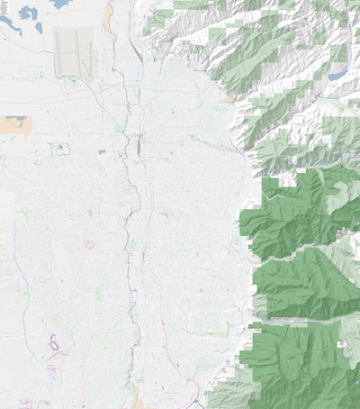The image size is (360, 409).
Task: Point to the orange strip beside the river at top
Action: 108,14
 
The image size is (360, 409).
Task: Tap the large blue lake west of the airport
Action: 27,14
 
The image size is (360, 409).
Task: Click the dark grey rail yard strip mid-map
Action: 139,142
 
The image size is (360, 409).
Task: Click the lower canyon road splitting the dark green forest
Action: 306,319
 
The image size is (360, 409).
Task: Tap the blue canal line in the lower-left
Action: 24,306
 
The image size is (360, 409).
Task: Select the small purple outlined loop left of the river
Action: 89,244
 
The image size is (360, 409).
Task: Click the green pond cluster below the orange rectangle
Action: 59,148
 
